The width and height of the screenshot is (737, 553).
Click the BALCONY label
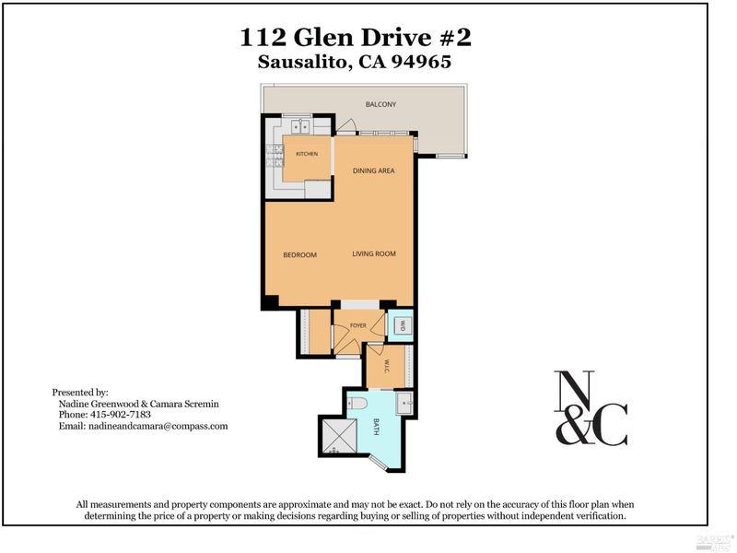coord(380,104)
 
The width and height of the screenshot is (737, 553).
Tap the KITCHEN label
coord(307,154)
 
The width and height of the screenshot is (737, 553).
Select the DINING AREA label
coord(374,171)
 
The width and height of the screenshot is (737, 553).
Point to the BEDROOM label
coord(300,255)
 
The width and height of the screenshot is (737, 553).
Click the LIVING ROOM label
coord(374,254)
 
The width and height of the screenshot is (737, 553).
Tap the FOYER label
coord(358,325)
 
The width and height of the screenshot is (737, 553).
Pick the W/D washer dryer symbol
coord(403,325)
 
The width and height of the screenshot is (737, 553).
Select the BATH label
coord(376,427)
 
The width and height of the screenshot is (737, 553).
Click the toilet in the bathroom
coord(358,403)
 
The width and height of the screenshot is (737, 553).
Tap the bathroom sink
coord(404,404)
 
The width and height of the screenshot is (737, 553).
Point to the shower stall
coord(338,436)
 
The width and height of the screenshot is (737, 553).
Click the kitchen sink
coord(300,126)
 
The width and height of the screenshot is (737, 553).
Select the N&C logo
coord(591,408)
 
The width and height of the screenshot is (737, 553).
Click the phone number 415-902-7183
coord(120,415)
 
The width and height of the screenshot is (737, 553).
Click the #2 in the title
coord(455,37)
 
